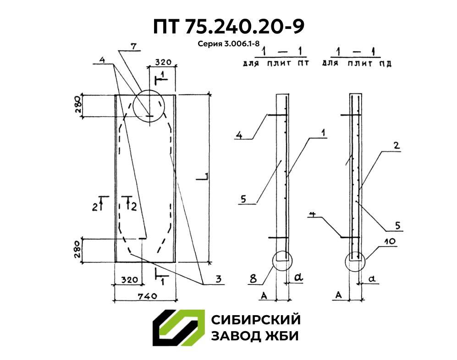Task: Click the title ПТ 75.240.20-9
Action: [228, 27]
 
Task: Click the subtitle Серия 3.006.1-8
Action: [229, 44]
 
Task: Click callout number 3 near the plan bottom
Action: [219, 278]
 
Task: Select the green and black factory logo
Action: [178, 327]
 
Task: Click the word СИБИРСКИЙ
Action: [255, 320]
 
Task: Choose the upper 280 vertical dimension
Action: [77, 106]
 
